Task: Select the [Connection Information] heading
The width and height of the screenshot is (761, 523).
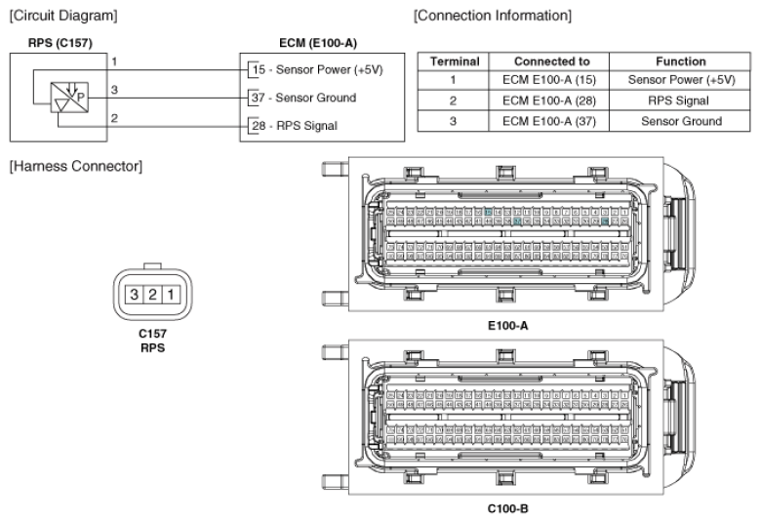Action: coord(492,15)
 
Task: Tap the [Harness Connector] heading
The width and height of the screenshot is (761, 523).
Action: coord(65,167)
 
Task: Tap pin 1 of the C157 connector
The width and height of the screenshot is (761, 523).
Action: coord(169,294)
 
